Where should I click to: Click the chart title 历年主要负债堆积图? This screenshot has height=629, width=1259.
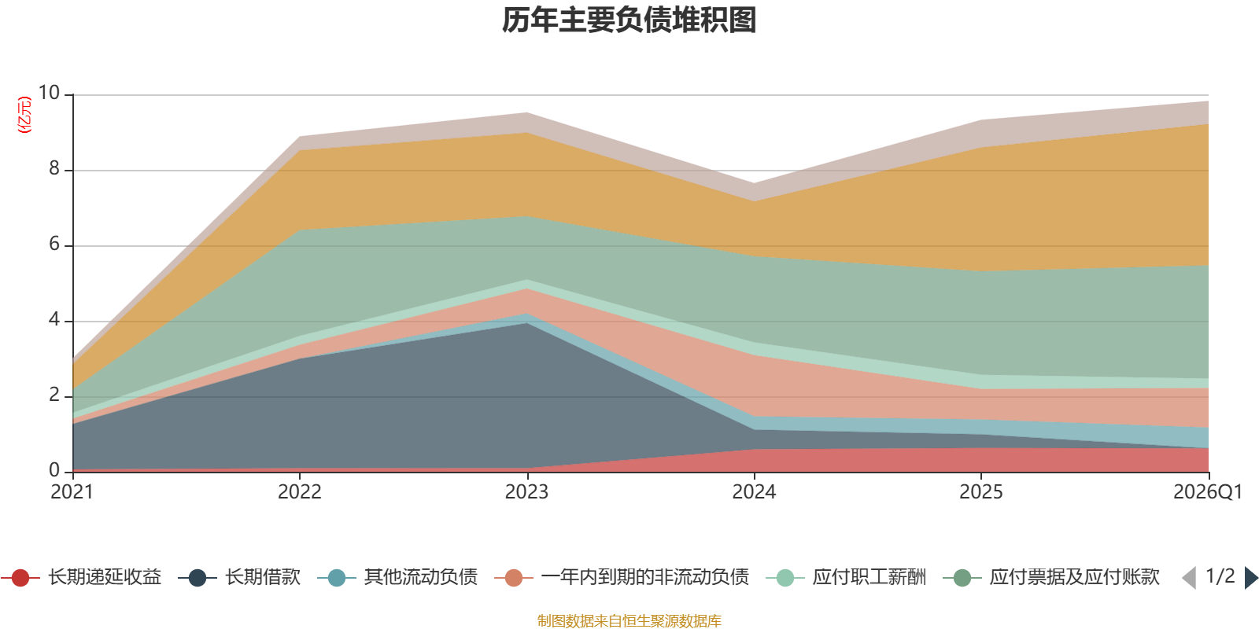coord(629,20)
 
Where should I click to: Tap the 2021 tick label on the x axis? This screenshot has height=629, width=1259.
coord(72,492)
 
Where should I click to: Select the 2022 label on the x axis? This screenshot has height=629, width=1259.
coord(299,492)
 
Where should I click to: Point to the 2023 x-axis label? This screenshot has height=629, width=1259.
coord(526,492)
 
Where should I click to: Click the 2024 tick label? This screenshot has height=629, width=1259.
coord(754,492)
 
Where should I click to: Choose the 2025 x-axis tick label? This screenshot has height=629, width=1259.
coord(980,492)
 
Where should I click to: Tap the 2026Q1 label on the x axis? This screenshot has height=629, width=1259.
coord(1207,492)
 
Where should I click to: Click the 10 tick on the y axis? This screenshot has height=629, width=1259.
coord(49,93)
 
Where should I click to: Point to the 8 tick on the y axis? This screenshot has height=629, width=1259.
coord(54,168)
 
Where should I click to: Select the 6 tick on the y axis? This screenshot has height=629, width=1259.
coord(54,244)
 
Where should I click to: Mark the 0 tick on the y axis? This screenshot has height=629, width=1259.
coord(54,470)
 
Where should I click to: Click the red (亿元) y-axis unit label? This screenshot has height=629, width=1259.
coord(25,115)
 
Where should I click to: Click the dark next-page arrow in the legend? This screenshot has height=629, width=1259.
coord(1251,578)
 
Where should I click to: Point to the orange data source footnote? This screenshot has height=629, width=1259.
coord(629,621)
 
